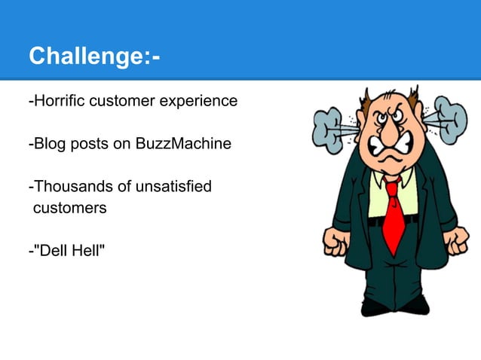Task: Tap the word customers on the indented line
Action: pyautogui.click(x=69, y=207)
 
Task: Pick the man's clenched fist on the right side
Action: pyautogui.click(x=455, y=240)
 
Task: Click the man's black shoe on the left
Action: pyautogui.click(x=375, y=307)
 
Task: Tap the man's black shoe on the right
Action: pyautogui.click(x=415, y=304)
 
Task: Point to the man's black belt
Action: pyautogui.click(x=392, y=221)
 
